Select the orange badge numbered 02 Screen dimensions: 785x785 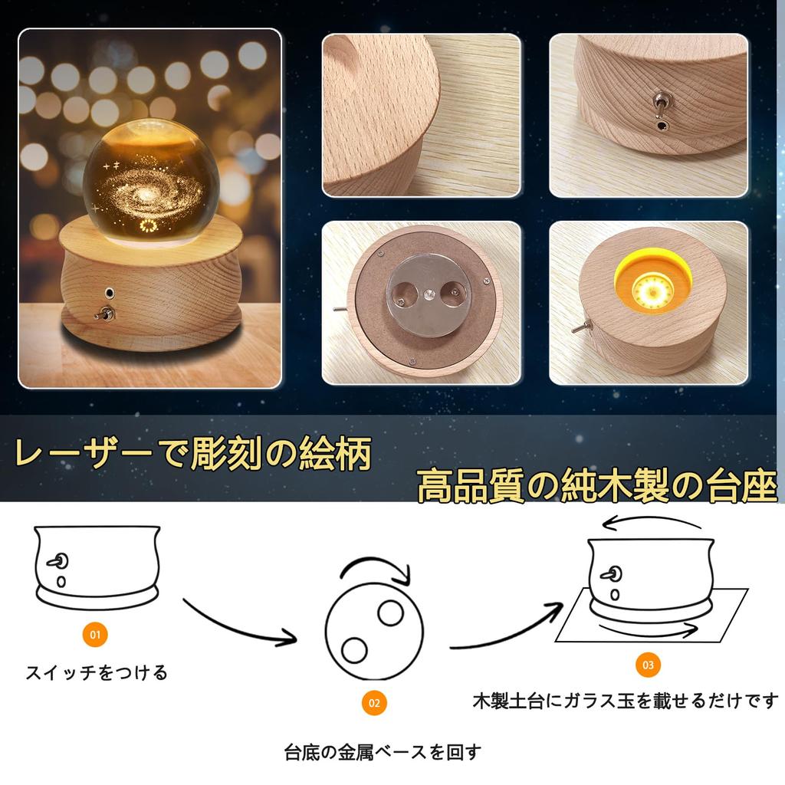(374, 702)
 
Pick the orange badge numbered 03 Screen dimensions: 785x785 (648, 665)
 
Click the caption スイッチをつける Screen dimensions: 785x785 (97, 674)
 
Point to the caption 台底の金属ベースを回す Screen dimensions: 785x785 (383, 752)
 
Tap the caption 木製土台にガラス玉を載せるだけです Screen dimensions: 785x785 (625, 701)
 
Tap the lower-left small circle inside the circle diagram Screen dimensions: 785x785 (354, 650)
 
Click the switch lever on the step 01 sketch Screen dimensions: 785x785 (56, 562)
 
